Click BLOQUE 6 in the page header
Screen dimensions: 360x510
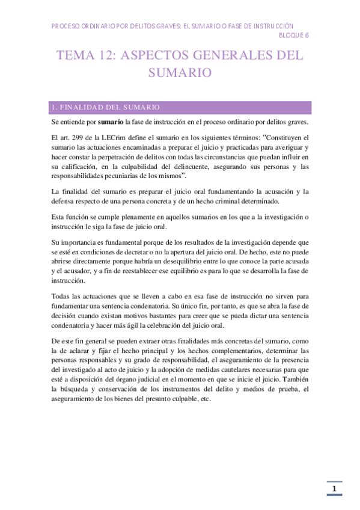pyautogui.click(x=294, y=35)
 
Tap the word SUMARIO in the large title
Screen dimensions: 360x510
pyautogui.click(x=180, y=73)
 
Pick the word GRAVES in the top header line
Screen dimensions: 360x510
pyautogui.click(x=160, y=26)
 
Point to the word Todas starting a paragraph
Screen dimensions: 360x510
pyautogui.click(x=62, y=297)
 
